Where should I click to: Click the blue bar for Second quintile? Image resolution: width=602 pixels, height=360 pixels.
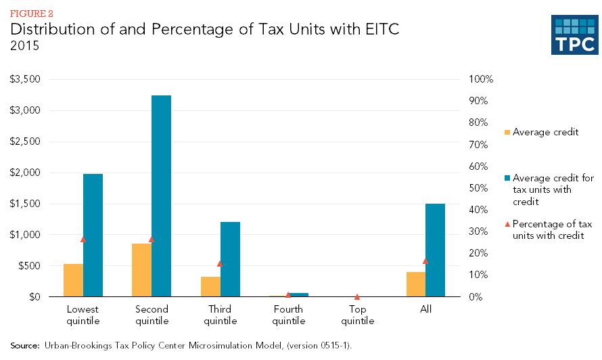click(161, 196)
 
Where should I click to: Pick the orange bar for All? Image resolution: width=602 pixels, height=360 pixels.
click(416, 284)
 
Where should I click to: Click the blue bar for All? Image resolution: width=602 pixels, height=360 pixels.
click(436, 250)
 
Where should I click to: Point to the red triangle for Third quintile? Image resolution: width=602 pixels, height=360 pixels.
click(220, 263)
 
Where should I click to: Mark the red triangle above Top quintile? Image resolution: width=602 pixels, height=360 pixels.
click(357, 296)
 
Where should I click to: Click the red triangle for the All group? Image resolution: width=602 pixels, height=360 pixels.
click(425, 261)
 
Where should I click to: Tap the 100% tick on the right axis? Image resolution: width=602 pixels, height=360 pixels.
click(482, 79)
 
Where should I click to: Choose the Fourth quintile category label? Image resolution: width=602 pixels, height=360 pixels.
click(289, 315)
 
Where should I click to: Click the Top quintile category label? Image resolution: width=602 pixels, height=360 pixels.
click(358, 315)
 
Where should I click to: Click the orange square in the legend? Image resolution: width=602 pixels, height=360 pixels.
click(507, 132)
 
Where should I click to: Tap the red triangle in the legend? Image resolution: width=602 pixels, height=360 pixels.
click(507, 223)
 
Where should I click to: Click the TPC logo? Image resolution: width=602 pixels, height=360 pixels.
click(575, 35)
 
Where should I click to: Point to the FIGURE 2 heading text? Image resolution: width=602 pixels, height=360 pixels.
click(31, 14)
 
